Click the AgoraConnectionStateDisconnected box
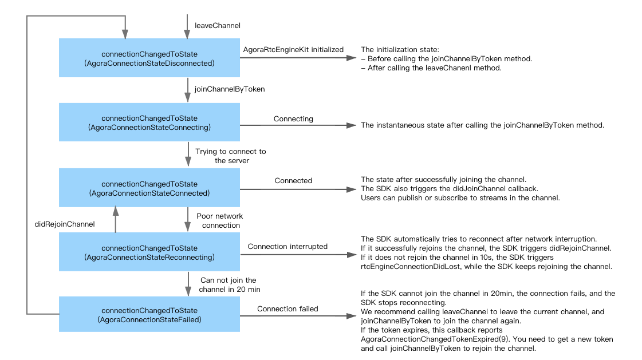coord(149,58)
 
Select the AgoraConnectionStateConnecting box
coord(149,122)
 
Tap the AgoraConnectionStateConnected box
coord(149,188)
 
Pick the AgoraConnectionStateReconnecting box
coord(149,252)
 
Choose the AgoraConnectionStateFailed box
coord(149,314)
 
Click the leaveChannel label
coord(218,25)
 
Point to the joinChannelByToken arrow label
coord(229,89)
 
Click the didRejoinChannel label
coord(65,224)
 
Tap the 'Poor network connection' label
coord(220,220)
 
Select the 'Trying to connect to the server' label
coord(231,156)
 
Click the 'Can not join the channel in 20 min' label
coord(229,284)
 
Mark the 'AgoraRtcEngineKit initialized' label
coord(293,49)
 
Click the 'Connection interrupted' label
coord(287,246)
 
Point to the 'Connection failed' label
coord(287,309)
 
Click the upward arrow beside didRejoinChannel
coord(116,220)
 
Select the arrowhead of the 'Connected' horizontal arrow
coord(351,189)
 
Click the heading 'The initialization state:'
coord(400,49)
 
